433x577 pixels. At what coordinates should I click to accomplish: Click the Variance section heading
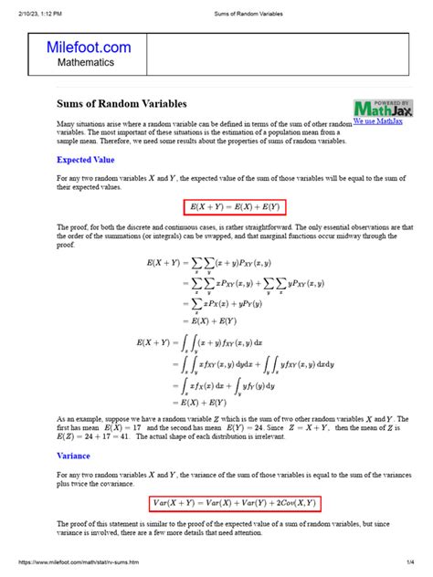[73, 455]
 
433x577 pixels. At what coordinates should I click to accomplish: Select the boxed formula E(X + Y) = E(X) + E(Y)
[234, 207]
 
